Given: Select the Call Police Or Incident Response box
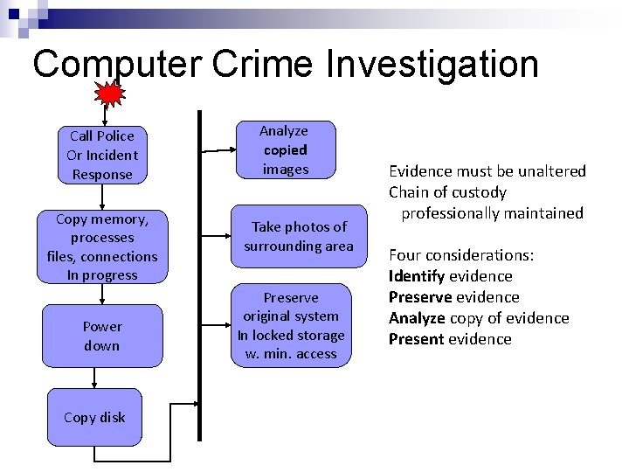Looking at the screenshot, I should pos(102,155).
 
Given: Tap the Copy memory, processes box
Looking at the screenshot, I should pos(102,246).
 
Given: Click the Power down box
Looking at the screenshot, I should pos(102,336).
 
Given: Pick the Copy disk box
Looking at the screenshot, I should pos(94,417).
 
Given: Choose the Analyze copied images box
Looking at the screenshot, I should pos(285,149).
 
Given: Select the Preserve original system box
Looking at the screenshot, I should pos(291,325).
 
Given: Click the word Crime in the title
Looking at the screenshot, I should pos(266,64).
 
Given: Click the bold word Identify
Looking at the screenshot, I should pos(417,276).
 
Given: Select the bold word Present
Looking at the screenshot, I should pos(417,339).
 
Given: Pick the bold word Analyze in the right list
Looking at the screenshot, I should pos(418,318).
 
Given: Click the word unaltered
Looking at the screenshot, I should pos(548,171).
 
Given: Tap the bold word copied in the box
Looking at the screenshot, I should pos(285,149).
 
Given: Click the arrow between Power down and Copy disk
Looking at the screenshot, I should pos(93,377).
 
